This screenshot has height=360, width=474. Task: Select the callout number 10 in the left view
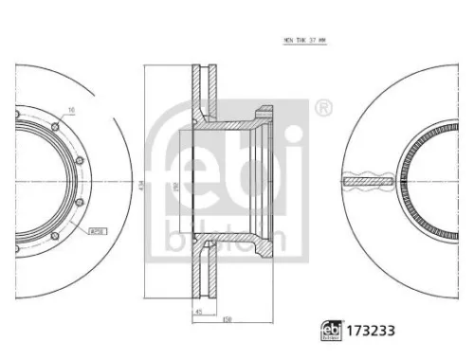pos(71,111)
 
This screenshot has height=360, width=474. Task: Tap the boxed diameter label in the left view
pos(96,230)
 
